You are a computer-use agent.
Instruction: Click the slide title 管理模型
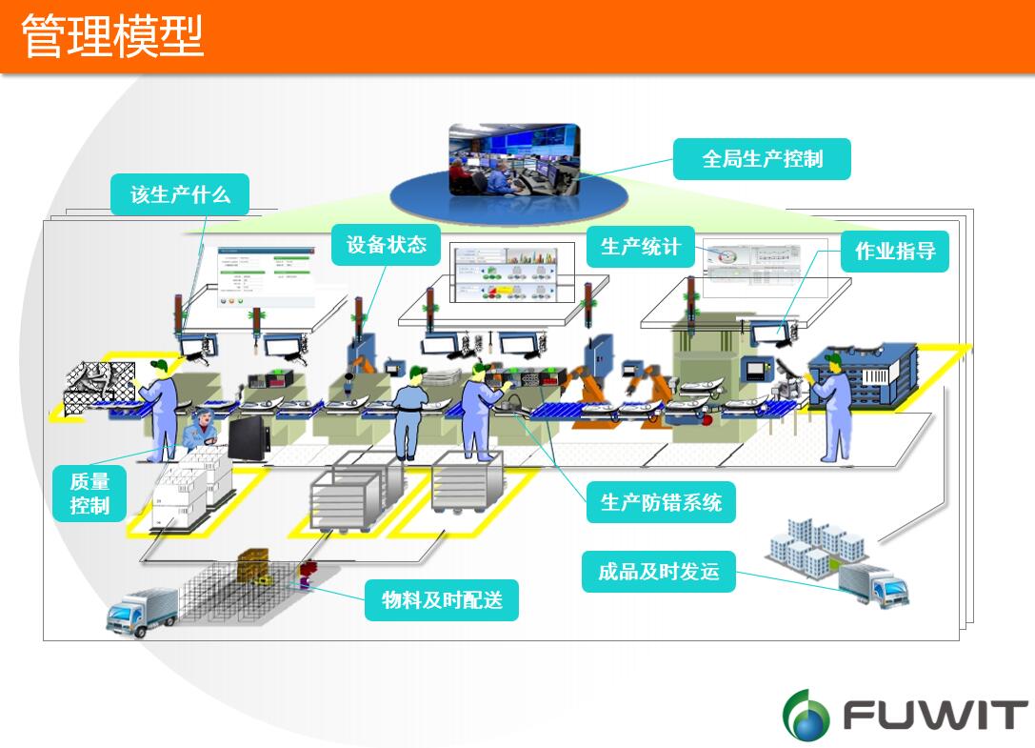tap(112, 35)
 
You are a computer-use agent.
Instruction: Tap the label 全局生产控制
tap(762, 159)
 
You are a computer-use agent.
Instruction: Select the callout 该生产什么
tap(181, 194)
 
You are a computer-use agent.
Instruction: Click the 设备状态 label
tap(386, 245)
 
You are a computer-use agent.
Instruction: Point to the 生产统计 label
tap(640, 247)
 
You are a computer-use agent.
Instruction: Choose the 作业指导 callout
tap(895, 251)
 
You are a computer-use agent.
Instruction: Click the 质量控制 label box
tap(90, 493)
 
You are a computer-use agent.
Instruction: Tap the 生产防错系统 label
tap(661, 502)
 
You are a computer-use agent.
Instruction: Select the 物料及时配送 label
tap(442, 600)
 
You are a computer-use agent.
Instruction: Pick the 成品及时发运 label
tap(658, 572)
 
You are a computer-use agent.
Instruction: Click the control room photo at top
tap(514, 159)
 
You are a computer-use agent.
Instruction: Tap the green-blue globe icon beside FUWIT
tap(806, 714)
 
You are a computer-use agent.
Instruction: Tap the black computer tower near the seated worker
tap(249, 440)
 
